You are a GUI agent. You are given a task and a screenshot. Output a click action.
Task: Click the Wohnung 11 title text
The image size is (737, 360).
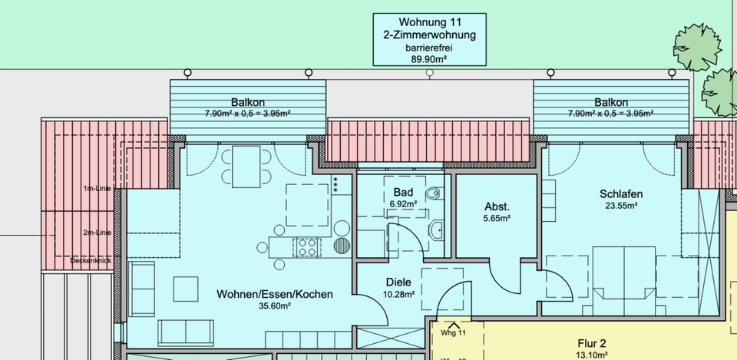[429, 21]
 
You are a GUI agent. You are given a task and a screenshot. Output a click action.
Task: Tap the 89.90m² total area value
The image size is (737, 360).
[429, 58]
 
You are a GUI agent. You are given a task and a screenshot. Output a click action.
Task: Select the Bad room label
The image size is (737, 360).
[403, 192]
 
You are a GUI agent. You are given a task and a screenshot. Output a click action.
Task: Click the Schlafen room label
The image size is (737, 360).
[621, 193]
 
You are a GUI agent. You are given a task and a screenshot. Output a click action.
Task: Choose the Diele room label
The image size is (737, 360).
[399, 282]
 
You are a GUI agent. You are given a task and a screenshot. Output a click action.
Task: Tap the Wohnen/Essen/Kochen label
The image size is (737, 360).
[275, 293]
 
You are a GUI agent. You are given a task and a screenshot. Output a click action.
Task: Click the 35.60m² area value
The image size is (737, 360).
[275, 306]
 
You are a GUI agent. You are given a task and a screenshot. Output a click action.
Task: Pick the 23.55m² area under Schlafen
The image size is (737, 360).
[621, 206]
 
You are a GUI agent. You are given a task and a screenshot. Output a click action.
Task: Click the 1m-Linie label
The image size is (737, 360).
[97, 188]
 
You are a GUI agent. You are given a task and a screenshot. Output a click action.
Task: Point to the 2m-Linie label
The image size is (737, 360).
[97, 232]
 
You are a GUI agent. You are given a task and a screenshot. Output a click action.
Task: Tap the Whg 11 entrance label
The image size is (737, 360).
[454, 333]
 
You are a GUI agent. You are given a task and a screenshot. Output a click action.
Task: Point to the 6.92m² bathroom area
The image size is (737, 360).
[403, 203]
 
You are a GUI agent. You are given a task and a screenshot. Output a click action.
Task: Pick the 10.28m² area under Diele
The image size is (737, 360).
[399, 293]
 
